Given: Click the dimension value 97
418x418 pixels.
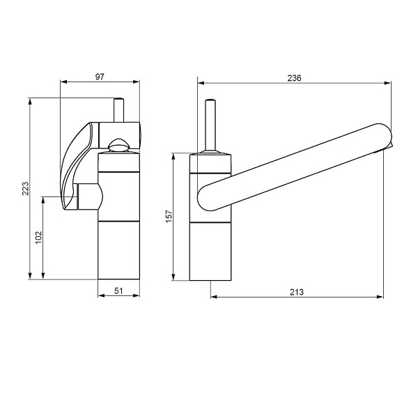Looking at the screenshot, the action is click(100, 77).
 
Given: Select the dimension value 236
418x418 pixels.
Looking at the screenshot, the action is click(294, 78).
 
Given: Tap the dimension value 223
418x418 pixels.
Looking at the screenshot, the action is click(25, 189).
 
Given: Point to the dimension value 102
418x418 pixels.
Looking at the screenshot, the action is click(39, 238).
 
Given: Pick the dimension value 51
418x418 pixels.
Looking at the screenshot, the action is click(118, 291).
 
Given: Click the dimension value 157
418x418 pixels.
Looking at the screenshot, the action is click(169, 216).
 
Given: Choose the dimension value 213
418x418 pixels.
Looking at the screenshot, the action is click(297, 292).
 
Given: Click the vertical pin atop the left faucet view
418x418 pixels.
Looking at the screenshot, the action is click(118, 110).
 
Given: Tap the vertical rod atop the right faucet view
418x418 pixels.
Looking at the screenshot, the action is click(210, 125).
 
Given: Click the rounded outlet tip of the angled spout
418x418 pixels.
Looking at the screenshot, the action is click(383, 137).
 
